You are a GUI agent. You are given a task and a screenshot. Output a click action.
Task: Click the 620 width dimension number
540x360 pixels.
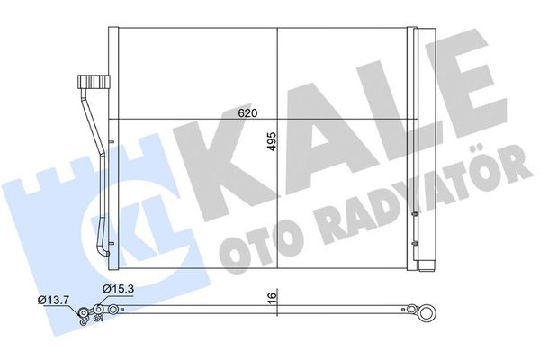(248, 113)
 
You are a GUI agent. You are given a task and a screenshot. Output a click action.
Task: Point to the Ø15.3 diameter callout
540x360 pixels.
(118, 288)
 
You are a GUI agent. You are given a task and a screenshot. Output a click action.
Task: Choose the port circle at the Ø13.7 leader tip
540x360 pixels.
(84, 314)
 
